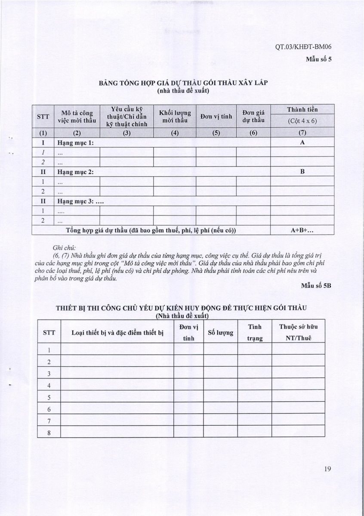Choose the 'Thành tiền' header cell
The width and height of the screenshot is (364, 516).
302,109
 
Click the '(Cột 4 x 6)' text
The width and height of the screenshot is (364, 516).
302,121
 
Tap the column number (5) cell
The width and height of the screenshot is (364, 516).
216,132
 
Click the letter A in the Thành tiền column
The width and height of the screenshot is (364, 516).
302,142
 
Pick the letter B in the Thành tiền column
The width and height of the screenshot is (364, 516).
302,172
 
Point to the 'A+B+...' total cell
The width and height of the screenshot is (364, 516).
302,230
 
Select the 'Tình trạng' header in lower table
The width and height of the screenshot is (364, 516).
254,332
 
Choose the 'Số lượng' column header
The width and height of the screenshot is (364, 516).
220,332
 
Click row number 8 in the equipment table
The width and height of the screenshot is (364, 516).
49,433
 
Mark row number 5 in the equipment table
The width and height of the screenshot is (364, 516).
49,397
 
